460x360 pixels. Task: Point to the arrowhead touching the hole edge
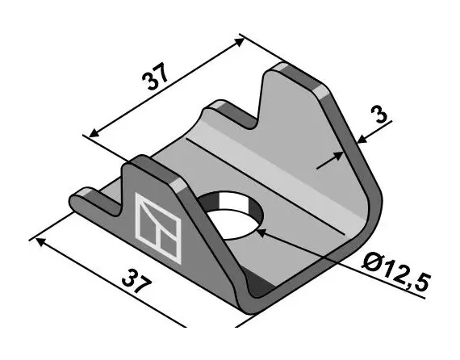tap(260, 231)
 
